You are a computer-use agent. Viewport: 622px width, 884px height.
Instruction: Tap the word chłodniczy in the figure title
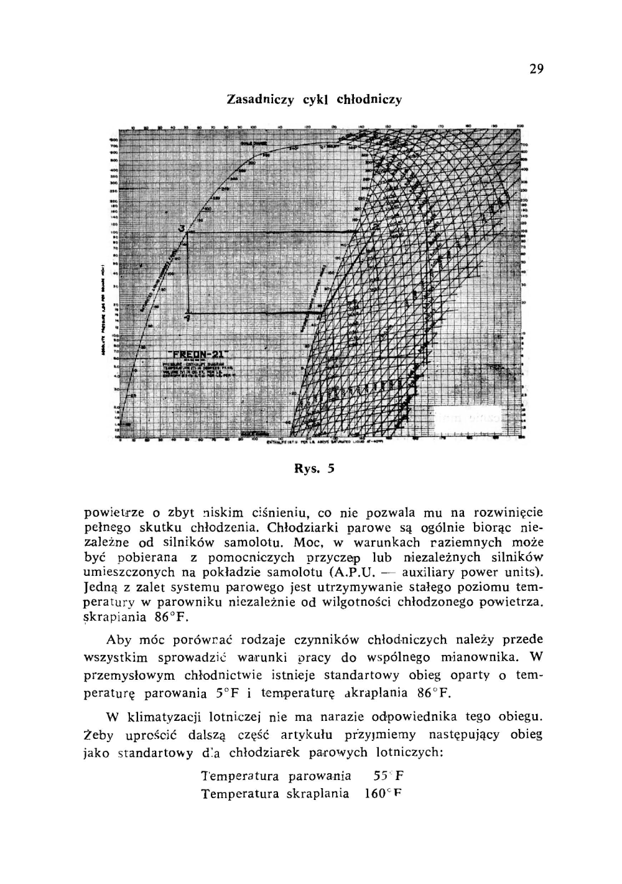pyautogui.click(x=369, y=100)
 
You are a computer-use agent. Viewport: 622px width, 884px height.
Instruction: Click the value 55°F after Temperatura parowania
pyautogui.click(x=389, y=776)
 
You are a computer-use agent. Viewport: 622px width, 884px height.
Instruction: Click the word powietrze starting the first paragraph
pyautogui.click(x=114, y=513)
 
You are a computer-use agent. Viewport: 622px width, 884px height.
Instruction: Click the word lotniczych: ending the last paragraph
pyautogui.click(x=409, y=752)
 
